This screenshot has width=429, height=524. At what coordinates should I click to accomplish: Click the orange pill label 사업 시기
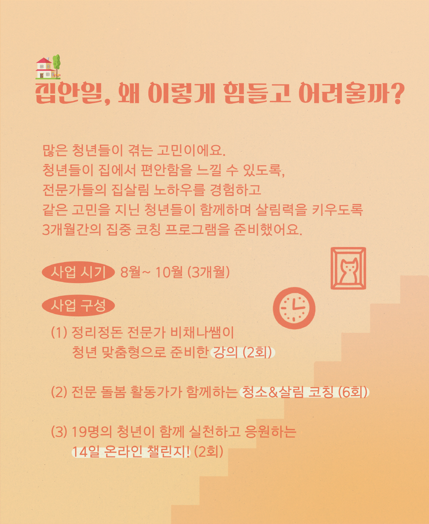(78, 272)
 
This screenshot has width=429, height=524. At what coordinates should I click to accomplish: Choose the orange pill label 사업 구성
(78, 305)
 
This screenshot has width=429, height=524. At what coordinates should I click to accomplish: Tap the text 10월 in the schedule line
(168, 272)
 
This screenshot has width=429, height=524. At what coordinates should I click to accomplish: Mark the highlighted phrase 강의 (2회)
(243, 352)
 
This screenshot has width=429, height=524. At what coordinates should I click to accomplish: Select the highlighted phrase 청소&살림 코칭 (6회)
(304, 392)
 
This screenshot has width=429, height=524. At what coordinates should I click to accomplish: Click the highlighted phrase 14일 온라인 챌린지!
(131, 452)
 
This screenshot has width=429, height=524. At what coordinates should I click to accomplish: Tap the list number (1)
(59, 333)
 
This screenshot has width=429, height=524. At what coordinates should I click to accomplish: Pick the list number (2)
(59, 392)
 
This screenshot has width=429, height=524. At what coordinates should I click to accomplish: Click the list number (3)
(59, 432)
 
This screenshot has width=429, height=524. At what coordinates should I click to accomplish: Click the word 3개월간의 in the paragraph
(72, 230)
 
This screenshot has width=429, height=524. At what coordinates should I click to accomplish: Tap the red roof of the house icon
(44, 60)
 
